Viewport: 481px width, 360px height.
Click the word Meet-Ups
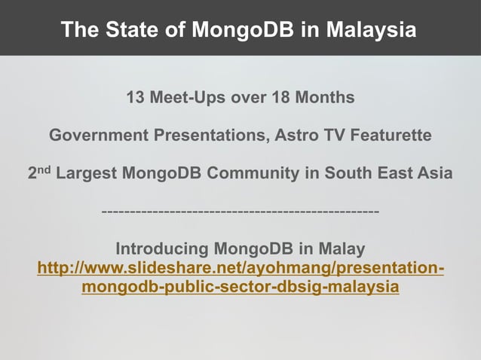[x=188, y=98]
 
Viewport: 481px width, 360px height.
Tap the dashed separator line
[x=240, y=212]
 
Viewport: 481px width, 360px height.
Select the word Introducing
[x=162, y=249]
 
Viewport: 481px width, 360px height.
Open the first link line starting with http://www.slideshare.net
[x=240, y=269]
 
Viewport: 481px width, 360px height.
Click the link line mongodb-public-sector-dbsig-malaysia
[x=240, y=288]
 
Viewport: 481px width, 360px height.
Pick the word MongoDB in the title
[x=238, y=30]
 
